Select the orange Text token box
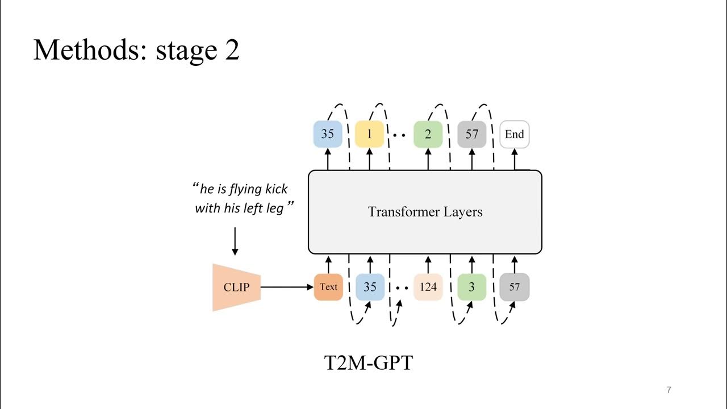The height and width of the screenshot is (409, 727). pyautogui.click(x=328, y=287)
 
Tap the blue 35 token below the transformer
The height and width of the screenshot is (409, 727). pyautogui.click(x=370, y=287)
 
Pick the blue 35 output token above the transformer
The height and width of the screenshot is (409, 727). pyautogui.click(x=328, y=135)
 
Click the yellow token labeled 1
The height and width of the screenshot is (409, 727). pyautogui.click(x=370, y=135)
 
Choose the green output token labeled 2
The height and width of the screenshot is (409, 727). pyautogui.click(x=428, y=135)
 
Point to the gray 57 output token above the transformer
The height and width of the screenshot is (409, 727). pyautogui.click(x=472, y=135)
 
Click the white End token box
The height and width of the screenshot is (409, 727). pyautogui.click(x=515, y=135)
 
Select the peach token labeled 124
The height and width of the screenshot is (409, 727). pyautogui.click(x=428, y=287)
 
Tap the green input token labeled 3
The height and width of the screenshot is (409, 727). pyautogui.click(x=472, y=287)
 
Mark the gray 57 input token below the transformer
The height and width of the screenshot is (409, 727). pyautogui.click(x=515, y=287)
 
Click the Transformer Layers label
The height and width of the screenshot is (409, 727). pyautogui.click(x=425, y=212)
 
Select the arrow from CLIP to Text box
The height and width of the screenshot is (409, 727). pyautogui.click(x=287, y=287)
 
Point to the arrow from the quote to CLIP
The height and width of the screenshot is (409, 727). pyautogui.click(x=235, y=241)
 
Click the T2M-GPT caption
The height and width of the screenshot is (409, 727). pyautogui.click(x=368, y=362)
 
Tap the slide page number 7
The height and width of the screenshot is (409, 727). pyautogui.click(x=668, y=390)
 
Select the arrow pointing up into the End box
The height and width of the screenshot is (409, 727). pyautogui.click(x=515, y=159)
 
